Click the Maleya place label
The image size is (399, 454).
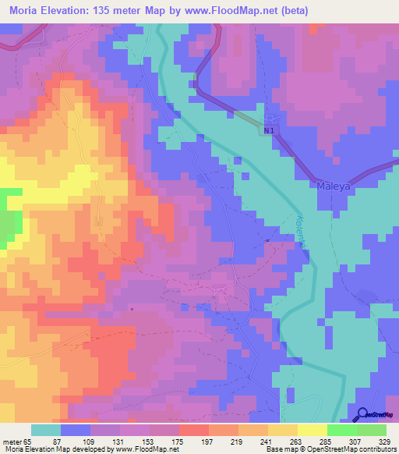pyautogui.click(x=336, y=186)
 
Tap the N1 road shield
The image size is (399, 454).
pyautogui.click(x=268, y=132)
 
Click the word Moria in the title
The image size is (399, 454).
pyautogui.click(x=26, y=11)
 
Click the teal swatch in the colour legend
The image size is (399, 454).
pyautogui.click(x=46, y=430)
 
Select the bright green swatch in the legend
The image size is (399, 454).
pyautogui.click(x=341, y=430)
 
